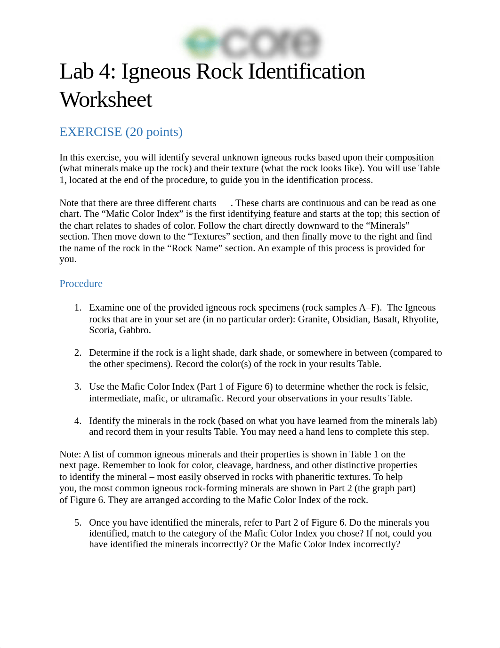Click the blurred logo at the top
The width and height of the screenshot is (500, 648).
(x=252, y=43)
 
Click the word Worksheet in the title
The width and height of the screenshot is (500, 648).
(x=106, y=100)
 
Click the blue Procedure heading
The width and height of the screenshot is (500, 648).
(x=81, y=284)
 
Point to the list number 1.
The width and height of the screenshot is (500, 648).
(x=78, y=308)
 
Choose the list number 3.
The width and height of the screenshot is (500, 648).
(x=78, y=387)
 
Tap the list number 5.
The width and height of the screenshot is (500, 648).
(x=78, y=523)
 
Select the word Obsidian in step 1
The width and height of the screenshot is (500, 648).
(x=350, y=320)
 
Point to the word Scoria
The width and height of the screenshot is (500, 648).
(x=102, y=330)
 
